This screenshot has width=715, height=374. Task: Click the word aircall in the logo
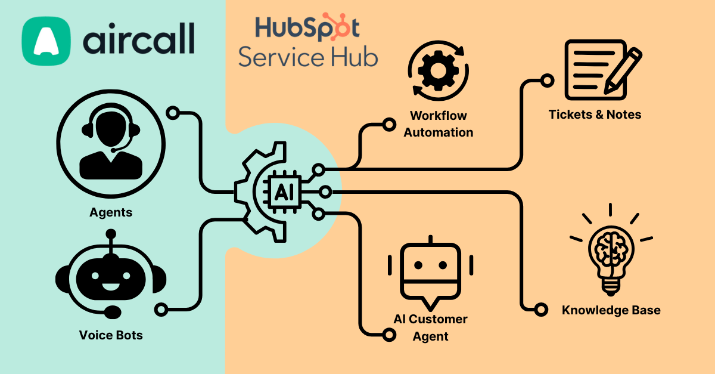(138, 41)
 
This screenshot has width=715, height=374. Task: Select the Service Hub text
(308, 57)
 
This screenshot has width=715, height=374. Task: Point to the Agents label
(111, 212)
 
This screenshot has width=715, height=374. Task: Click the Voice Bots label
(111, 335)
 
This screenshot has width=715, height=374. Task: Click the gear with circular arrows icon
(439, 70)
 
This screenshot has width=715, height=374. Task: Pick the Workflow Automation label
(439, 124)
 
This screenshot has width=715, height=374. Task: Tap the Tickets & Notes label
(595, 115)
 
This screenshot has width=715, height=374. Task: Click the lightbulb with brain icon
(611, 251)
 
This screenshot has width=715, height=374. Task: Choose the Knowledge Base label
(611, 310)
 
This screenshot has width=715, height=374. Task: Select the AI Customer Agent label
(430, 327)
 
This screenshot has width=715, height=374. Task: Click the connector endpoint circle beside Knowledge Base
(541, 310)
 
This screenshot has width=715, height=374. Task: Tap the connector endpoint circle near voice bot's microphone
(161, 309)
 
